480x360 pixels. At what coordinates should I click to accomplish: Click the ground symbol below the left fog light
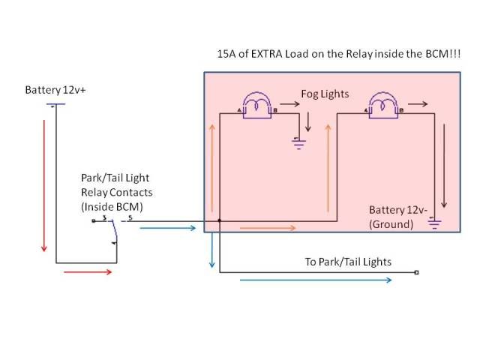tap(301, 139)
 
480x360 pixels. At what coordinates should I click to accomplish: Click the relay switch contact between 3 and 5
tap(114, 231)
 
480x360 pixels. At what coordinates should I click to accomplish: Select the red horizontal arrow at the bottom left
tap(88, 271)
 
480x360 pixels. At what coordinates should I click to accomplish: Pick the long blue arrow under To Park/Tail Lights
tap(316, 280)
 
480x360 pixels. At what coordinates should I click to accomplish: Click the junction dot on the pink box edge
tap(219, 221)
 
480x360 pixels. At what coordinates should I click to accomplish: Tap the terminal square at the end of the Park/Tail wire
tap(416, 273)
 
